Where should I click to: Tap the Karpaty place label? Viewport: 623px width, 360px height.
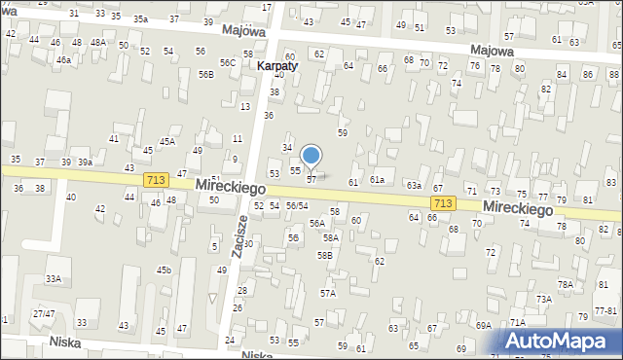click(x=277, y=66)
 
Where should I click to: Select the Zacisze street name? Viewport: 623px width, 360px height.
click(x=239, y=233)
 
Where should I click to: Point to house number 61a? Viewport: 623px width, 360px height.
click(x=377, y=180)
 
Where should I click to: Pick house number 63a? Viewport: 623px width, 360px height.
click(x=414, y=185)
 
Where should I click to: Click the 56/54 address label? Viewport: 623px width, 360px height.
click(x=297, y=205)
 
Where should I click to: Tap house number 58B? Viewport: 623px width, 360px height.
click(x=324, y=255)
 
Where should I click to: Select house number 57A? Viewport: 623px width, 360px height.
click(x=328, y=293)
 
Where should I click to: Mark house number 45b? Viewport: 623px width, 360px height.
click(x=165, y=270)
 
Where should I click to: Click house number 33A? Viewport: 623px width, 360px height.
click(x=54, y=278)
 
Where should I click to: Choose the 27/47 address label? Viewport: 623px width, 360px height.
click(x=43, y=314)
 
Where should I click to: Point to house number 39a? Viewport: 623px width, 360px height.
click(x=86, y=162)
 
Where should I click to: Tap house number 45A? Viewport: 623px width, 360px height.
click(x=167, y=141)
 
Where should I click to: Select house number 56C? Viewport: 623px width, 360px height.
click(x=228, y=62)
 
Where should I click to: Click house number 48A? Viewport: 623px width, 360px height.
click(x=98, y=43)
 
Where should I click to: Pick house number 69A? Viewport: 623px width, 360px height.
click(x=483, y=326)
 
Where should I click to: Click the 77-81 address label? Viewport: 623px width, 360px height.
click(x=605, y=310)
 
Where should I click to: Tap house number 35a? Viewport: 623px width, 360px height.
click(x=141, y=18)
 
